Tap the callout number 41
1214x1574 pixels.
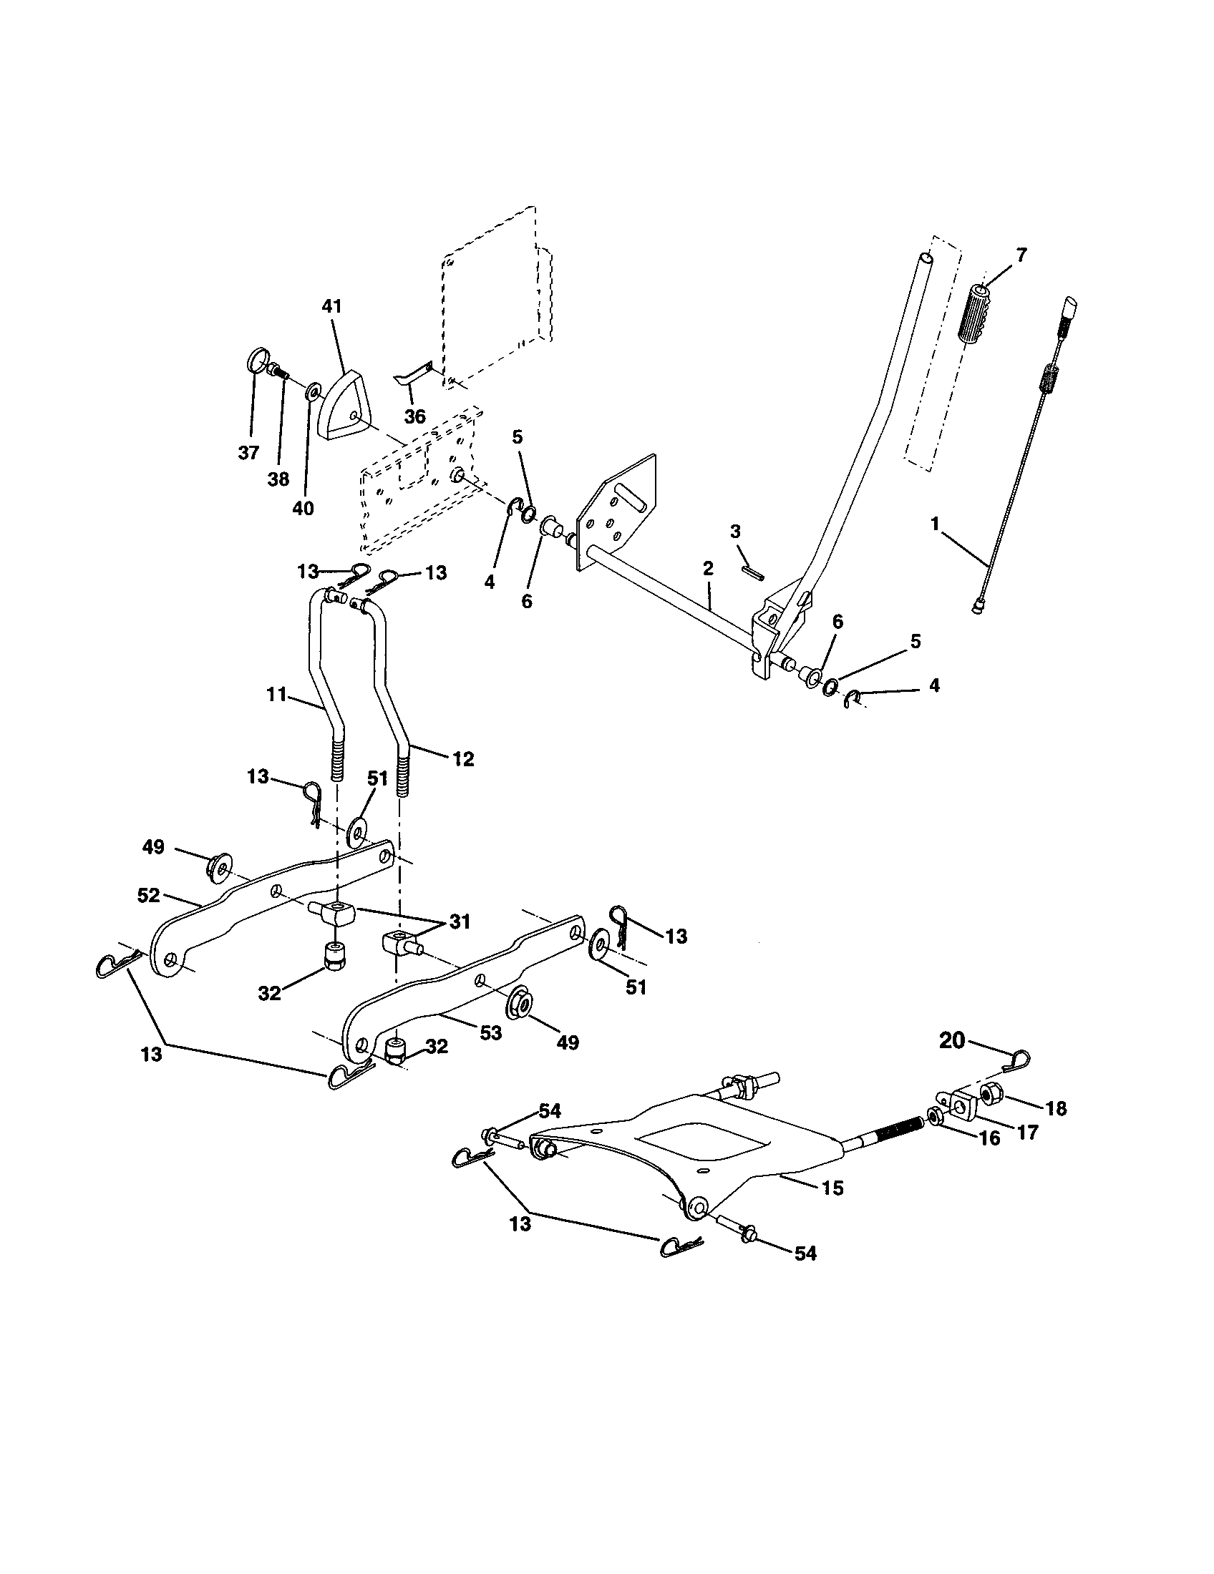(332, 306)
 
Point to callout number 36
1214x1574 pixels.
(414, 416)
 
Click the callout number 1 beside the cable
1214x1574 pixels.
(934, 524)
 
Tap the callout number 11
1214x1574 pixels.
(276, 695)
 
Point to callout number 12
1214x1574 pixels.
(463, 758)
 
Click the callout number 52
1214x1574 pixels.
(147, 895)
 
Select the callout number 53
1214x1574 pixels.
(490, 1032)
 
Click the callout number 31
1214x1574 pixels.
(460, 921)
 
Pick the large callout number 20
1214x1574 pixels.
(951, 1041)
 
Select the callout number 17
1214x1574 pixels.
(1026, 1133)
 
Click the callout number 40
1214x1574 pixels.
(303, 508)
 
